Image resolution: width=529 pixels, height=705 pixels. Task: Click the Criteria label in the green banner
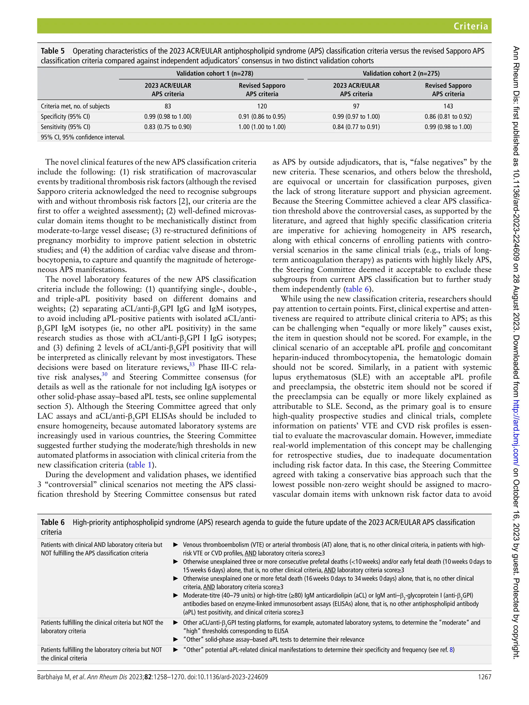coord(470,26)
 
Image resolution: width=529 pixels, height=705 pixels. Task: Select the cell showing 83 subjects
coord(168,106)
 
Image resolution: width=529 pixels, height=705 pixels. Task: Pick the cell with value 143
coord(448,106)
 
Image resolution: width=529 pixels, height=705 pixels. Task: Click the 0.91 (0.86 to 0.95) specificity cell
coord(262,117)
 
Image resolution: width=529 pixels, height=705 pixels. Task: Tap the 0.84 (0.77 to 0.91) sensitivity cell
coord(356,127)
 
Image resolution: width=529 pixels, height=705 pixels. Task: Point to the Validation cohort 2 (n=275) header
coord(401,74)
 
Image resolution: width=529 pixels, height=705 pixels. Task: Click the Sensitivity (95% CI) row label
coord(65,127)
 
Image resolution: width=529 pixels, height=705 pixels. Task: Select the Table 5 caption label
coord(53,51)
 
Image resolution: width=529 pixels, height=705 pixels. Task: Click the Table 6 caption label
coord(53,522)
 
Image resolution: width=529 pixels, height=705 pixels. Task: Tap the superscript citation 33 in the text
coord(192,364)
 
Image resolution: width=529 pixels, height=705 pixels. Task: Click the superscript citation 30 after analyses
coord(105,374)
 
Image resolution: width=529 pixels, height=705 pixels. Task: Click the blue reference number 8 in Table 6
coord(451,649)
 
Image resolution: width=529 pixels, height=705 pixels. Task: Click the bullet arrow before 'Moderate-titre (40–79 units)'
coord(175,595)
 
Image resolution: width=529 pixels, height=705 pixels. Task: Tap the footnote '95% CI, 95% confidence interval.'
coord(83,137)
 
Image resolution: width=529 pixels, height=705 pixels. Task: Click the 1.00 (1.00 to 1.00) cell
coord(262,127)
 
